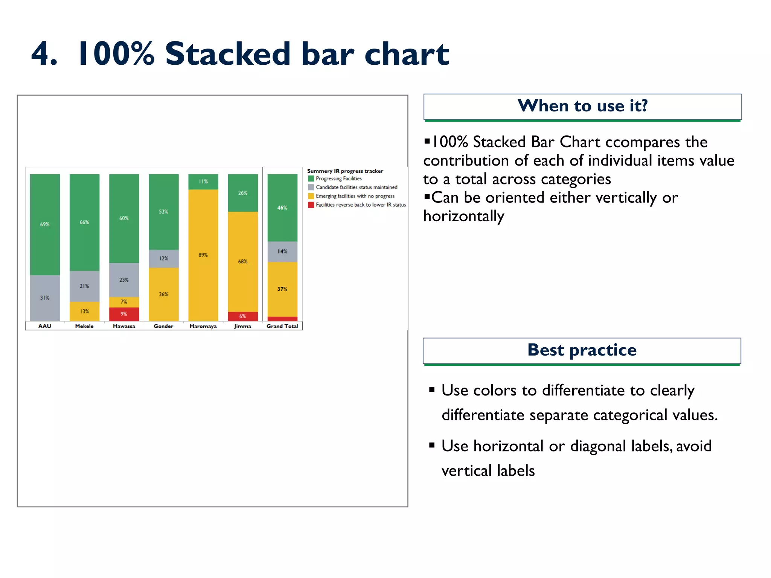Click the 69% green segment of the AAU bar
[x=45, y=224]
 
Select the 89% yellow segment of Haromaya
[x=203, y=255]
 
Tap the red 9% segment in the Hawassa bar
[x=124, y=314]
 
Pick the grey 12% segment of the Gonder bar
[x=163, y=259]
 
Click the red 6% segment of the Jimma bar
[x=243, y=316]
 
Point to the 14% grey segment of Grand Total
[x=282, y=251]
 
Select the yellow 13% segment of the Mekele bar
[x=84, y=311]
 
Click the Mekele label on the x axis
[x=84, y=326]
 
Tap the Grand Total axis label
[x=282, y=326]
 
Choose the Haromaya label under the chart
[x=203, y=326]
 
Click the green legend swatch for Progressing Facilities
[x=311, y=178]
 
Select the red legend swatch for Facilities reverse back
[x=311, y=205]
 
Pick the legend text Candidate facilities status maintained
[x=356, y=187]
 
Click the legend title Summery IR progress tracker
[x=345, y=171]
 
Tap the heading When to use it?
[x=582, y=106]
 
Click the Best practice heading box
[x=582, y=350]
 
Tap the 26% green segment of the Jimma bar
[x=243, y=193]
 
